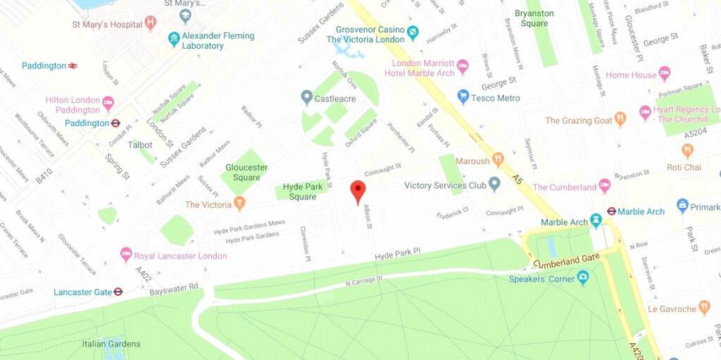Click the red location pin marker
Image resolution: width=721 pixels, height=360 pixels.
click(358, 191)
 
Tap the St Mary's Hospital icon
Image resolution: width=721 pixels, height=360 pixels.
click(150, 23)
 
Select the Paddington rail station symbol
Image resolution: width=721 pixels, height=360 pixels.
click(73, 66)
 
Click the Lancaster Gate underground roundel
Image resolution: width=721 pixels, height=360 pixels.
click(118, 292)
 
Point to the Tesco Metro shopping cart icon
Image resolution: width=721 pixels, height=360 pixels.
click(463, 97)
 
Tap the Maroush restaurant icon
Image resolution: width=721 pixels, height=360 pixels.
click(498, 160)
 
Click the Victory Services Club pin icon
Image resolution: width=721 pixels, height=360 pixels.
click(494, 185)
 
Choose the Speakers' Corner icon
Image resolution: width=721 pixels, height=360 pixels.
click(582, 278)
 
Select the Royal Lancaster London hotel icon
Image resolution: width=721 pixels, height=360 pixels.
click(126, 255)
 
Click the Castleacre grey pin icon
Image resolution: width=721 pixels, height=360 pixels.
click(306, 97)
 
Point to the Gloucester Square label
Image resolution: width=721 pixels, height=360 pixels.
click(246, 173)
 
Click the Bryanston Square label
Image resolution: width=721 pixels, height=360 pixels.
click(534, 18)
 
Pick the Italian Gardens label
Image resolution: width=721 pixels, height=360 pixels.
click(111, 344)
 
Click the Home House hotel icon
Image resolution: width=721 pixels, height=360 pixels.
click(664, 74)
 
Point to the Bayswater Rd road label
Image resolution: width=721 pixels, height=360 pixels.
click(174, 288)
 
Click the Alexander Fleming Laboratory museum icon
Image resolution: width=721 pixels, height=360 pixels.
click(174, 39)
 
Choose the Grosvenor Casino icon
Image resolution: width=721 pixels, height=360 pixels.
click(413, 32)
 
